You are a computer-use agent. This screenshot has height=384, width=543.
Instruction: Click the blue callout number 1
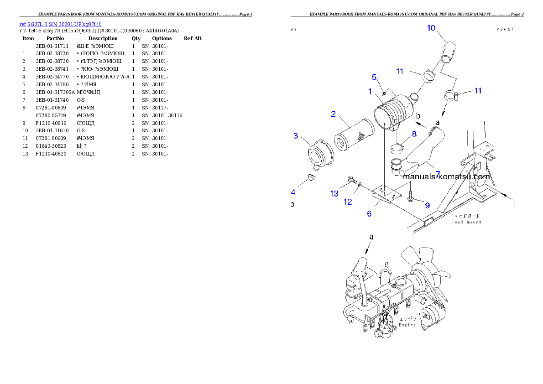(371, 91)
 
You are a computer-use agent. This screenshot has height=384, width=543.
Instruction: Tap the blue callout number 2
(334, 114)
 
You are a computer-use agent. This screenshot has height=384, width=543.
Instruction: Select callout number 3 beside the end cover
(296, 135)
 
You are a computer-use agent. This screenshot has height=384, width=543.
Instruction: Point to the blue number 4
(293, 192)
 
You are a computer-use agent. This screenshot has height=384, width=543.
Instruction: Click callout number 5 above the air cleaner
(374, 77)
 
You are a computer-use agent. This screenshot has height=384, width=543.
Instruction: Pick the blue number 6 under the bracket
(369, 213)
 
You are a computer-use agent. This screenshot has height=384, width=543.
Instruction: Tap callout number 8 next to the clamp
(414, 134)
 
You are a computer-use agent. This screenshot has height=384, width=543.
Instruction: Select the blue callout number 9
(427, 205)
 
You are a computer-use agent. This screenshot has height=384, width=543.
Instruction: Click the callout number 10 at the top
(431, 28)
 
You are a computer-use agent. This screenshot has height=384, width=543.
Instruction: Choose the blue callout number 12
(348, 202)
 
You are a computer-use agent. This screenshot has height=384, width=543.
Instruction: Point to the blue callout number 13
(334, 194)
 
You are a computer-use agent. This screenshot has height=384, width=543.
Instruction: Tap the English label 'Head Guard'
(466, 222)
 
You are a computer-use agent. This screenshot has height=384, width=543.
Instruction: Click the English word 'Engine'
(407, 325)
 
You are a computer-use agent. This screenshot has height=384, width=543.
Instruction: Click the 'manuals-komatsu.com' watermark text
(447, 176)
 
